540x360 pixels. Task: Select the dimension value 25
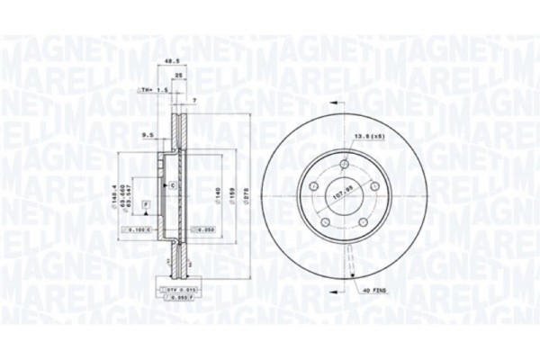[x=179, y=76]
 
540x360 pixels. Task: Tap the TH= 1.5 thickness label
[x=148, y=92]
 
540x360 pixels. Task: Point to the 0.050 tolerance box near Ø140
[x=205, y=230]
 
